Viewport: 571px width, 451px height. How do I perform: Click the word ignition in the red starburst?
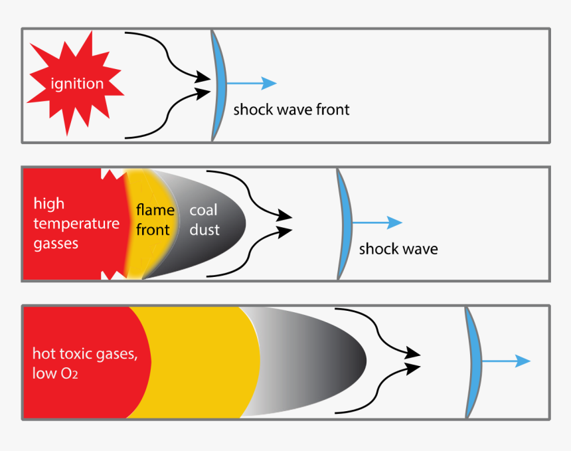(77, 84)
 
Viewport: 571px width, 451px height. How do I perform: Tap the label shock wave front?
(291, 110)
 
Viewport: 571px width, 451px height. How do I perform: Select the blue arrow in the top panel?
(252, 83)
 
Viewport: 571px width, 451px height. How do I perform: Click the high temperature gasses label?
(76, 223)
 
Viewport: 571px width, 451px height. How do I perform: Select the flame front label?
(155, 220)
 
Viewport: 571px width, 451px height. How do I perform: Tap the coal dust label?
(204, 220)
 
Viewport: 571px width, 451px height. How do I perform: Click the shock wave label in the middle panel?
(398, 249)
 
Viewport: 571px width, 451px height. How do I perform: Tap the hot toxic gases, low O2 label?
(85, 363)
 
